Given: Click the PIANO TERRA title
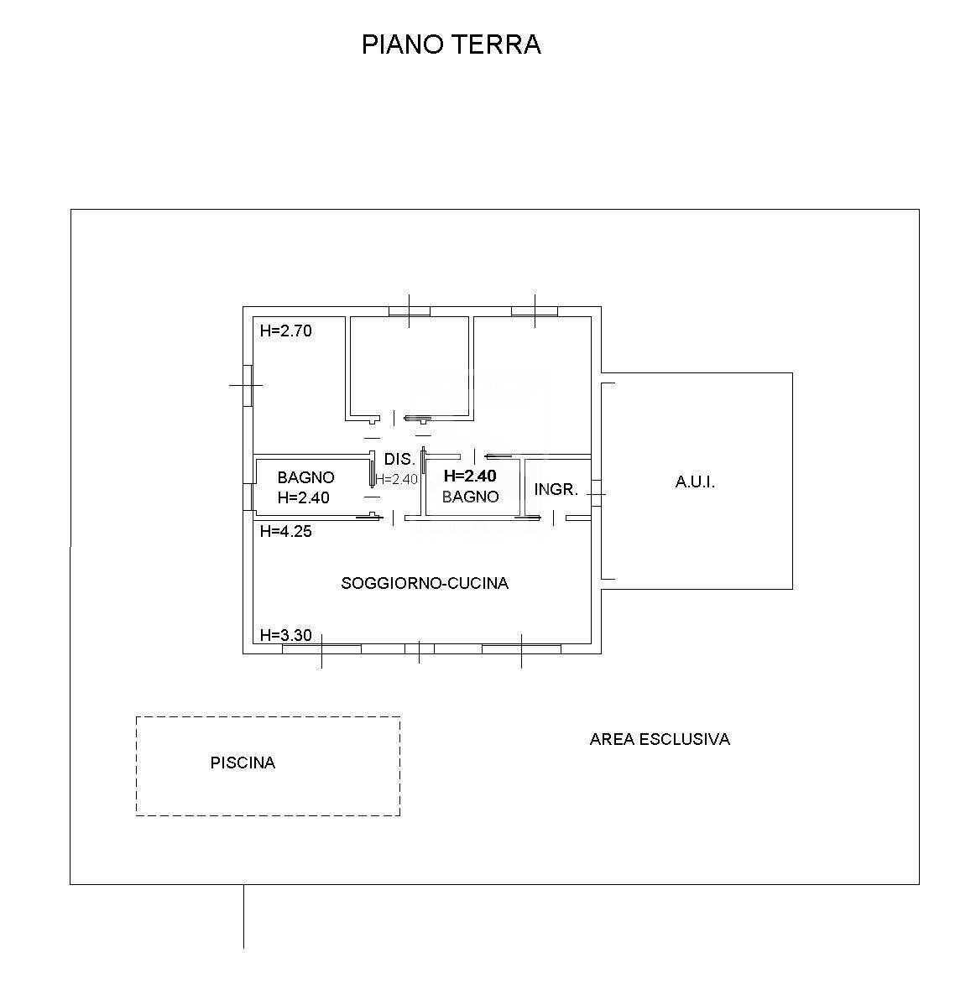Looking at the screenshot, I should (451, 44).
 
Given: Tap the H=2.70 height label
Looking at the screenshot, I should (285, 331).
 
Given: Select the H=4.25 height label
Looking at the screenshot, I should (285, 531).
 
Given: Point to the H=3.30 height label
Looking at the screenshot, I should (285, 635).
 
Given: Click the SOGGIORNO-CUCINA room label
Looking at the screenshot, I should (425, 583).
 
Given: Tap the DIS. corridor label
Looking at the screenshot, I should (399, 460).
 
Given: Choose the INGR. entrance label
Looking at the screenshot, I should (556, 489).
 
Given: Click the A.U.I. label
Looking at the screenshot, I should (695, 482).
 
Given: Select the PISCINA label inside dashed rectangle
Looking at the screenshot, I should (243, 763).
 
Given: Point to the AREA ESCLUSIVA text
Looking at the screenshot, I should (660, 739).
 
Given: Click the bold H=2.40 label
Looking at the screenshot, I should (470, 476).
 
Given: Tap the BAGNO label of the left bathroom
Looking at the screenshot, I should (305, 477).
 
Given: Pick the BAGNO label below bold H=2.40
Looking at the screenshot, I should (470, 497).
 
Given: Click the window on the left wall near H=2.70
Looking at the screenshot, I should (248, 385).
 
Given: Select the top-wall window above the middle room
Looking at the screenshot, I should (410, 311).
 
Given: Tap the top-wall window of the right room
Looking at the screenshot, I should (535, 311).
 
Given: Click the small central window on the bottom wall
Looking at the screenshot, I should (420, 648).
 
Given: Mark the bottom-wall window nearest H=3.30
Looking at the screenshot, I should (321, 648).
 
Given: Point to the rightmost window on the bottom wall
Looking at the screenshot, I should (521, 648).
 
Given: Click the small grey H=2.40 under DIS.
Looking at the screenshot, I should (396, 480).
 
